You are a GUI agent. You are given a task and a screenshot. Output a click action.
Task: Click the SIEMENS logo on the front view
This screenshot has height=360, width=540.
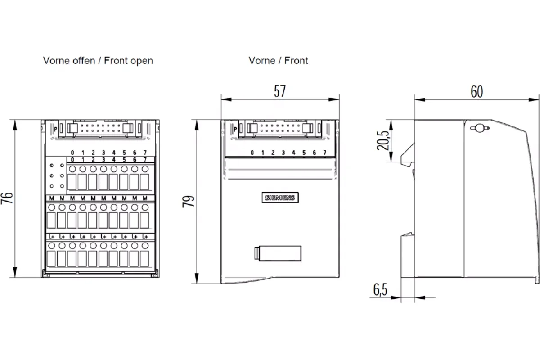pos(280,198)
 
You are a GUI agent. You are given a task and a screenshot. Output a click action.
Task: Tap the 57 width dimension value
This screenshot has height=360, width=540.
pos(280,91)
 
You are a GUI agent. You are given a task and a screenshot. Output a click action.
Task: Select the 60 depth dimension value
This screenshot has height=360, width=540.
pos(477,92)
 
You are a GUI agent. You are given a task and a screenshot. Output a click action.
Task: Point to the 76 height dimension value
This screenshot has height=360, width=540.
pos(7,198)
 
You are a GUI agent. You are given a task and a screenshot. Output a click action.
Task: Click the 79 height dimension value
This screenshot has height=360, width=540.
pos(189,201)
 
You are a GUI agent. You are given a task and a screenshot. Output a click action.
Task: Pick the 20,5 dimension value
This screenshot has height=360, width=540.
pos(383,140)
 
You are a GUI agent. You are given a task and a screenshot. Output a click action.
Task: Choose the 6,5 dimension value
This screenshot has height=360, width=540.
pos(380,290)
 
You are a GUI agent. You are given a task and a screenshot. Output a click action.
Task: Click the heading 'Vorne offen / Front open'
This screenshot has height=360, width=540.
pos(98,61)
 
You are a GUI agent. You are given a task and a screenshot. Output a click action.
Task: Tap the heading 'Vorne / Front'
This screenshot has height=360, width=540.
pos(278,60)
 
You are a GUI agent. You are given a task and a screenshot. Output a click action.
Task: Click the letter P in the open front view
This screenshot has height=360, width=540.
pos(56,129)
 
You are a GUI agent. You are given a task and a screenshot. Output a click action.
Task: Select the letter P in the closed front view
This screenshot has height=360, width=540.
pos(235,129)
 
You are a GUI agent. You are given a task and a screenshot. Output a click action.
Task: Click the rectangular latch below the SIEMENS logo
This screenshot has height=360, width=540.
pos(278,253)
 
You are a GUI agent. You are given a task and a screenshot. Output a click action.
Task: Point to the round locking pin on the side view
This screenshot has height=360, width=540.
pos(480,128)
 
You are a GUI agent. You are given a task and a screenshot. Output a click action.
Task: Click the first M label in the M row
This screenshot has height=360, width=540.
pos(52,198)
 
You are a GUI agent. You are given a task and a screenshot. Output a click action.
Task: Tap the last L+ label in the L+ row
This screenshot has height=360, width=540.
pos(145,237)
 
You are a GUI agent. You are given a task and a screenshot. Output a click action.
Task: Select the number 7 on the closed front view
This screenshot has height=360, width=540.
pos(325,153)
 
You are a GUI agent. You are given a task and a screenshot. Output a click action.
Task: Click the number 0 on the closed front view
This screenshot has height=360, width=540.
pos(252,153)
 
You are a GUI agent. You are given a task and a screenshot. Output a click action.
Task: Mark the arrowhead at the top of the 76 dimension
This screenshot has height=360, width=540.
pos(15,126)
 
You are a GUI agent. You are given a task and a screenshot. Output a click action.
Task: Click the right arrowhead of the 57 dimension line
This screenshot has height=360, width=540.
pos(334,99)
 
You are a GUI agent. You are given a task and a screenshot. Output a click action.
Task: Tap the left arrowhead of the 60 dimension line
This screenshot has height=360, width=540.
pos(420,99)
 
